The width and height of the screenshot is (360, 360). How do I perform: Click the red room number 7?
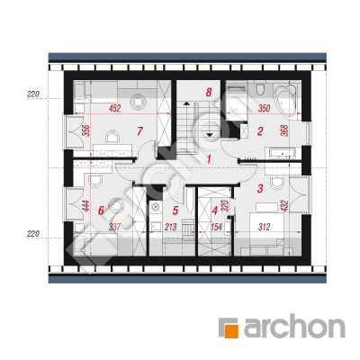(139, 131)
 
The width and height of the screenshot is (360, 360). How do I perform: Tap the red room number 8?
(209, 92)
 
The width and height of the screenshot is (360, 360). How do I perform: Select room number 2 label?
(260, 131)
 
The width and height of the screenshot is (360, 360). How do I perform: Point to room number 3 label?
(260, 188)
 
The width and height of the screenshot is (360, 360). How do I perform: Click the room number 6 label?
(101, 211)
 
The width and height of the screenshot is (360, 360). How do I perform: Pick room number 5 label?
(175, 211)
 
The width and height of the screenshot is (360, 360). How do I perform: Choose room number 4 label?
(214, 211)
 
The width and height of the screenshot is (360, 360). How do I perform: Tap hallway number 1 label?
(209, 158)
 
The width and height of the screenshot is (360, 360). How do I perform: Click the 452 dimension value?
(114, 108)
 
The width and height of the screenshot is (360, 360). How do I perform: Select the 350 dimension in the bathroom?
(264, 108)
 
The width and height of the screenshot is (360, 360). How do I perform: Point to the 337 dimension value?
(114, 227)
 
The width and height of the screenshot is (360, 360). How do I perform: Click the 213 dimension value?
(171, 227)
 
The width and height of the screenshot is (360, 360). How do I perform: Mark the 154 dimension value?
(216, 227)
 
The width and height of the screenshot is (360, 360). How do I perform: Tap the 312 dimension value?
(264, 227)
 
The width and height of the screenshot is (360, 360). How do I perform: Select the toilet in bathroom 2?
(260, 89)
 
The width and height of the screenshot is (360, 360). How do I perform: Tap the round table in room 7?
(139, 101)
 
